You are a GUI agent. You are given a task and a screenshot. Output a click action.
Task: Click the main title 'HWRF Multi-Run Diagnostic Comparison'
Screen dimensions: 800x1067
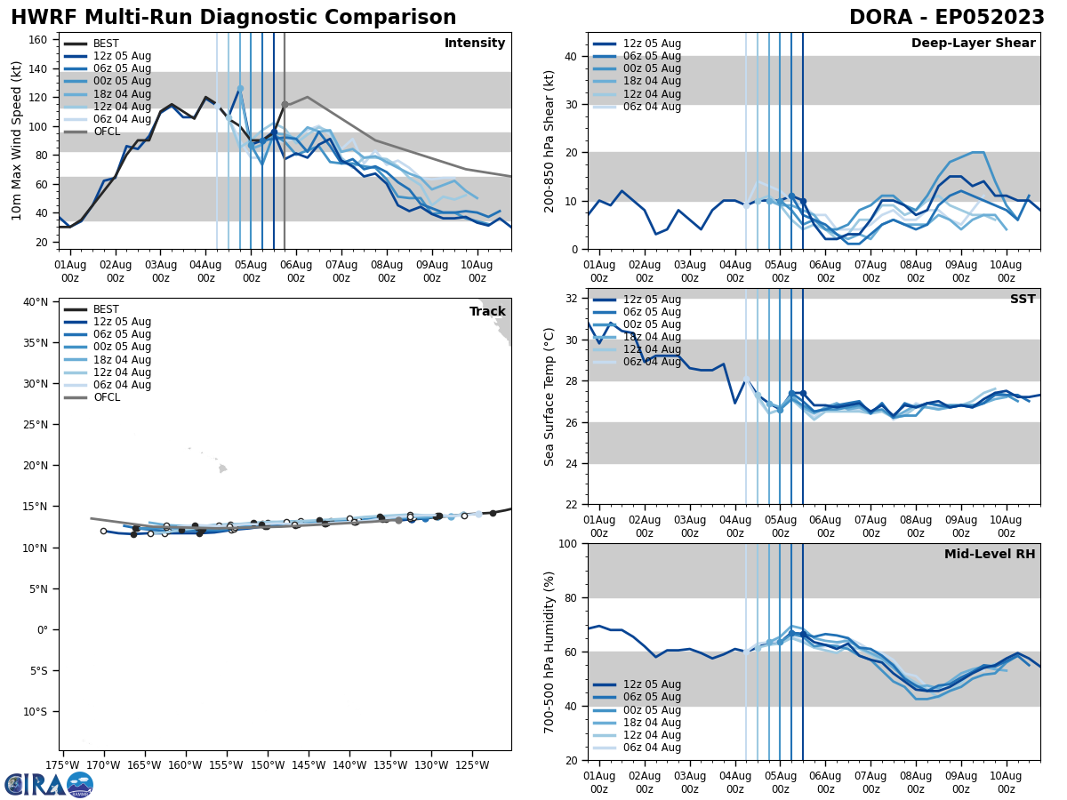pyautogui.click(x=233, y=18)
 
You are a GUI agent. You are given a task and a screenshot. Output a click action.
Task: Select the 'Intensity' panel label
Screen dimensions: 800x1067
pyautogui.click(x=474, y=44)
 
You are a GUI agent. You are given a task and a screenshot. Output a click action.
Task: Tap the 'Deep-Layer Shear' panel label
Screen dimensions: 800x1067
pyautogui.click(x=973, y=44)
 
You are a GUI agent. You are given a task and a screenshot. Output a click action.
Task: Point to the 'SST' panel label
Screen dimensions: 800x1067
pyautogui.click(x=1022, y=300)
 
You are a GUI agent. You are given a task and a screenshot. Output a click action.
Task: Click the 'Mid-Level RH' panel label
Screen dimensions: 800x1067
pyautogui.click(x=990, y=555)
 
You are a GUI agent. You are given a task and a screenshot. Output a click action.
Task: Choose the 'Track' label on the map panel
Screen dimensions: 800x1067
pyautogui.click(x=487, y=312)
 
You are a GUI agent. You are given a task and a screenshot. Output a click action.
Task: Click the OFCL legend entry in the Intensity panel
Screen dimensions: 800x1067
pyautogui.click(x=106, y=132)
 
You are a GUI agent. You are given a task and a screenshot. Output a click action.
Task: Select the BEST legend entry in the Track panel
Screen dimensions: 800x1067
pyautogui.click(x=106, y=309)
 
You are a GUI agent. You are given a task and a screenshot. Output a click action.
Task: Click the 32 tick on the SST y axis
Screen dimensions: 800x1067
pyautogui.click(x=573, y=299)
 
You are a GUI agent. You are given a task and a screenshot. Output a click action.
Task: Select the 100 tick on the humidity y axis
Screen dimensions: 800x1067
pyautogui.click(x=569, y=543)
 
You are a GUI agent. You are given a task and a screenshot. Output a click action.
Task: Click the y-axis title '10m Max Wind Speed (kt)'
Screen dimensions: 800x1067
pyautogui.click(x=17, y=140)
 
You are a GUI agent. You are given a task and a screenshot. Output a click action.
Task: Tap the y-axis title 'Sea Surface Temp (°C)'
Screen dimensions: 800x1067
pyautogui.click(x=550, y=396)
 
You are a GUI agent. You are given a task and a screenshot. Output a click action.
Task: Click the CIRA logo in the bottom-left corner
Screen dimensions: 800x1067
pyautogui.click(x=49, y=784)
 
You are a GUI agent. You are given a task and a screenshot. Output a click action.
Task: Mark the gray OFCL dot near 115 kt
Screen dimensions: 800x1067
pyautogui.click(x=285, y=104)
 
